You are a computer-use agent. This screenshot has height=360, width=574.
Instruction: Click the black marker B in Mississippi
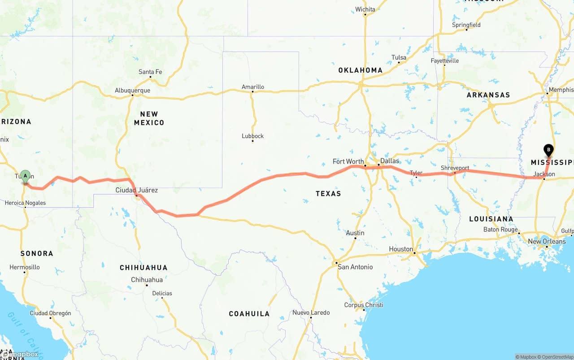548,150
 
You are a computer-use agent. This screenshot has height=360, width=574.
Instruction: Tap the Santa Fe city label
150,72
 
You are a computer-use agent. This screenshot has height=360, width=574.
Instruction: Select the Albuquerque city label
132,90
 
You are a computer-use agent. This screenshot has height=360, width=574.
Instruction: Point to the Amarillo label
253,87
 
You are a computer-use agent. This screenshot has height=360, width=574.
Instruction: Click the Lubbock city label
252,136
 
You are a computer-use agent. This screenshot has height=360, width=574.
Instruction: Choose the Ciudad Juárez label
137,190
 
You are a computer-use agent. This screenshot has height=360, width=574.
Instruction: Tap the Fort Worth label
348,161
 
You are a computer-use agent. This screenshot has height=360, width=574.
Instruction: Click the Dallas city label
389,161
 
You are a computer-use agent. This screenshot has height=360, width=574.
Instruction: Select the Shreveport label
455,168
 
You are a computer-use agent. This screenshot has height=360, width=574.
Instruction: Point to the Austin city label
355,233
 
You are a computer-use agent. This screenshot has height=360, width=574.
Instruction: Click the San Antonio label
355,267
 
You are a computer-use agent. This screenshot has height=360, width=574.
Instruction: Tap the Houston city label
401,249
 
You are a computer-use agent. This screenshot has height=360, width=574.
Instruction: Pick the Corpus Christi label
364,305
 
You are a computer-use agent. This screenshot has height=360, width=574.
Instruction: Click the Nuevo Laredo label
311,312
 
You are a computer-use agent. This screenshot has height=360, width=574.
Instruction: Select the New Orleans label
547,241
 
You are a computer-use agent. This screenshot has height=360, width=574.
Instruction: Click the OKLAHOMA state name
361,70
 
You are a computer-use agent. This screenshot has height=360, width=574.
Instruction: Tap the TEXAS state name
328,194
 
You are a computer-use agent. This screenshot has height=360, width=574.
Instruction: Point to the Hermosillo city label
25,267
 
